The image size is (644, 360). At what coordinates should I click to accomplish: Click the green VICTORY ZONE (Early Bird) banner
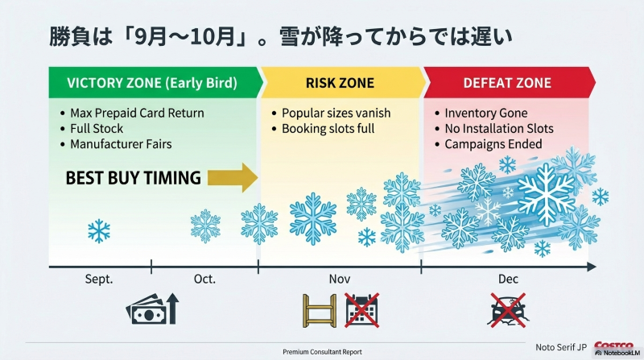(152, 83)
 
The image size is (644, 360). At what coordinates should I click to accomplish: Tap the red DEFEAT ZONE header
(507, 83)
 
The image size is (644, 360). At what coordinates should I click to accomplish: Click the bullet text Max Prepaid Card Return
(137, 113)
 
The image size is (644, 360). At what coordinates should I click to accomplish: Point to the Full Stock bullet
(97, 129)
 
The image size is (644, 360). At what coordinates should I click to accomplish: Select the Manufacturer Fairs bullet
(121, 145)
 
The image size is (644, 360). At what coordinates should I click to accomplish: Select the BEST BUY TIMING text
(133, 178)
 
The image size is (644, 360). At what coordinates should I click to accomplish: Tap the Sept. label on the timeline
(99, 279)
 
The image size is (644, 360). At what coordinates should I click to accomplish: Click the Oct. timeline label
(204, 279)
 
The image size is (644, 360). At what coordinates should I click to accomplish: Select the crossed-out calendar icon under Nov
(361, 309)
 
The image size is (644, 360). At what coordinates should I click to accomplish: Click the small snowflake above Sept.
(99, 232)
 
